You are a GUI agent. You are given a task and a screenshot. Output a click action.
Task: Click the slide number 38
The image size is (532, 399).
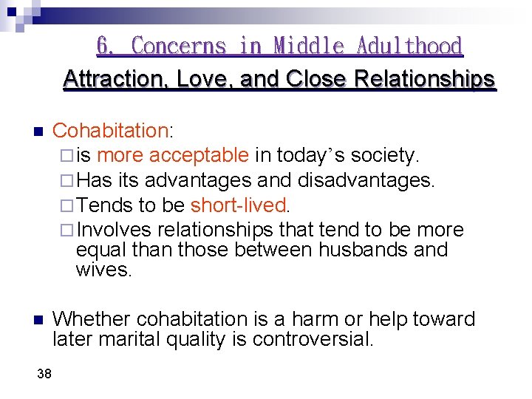point(44,375)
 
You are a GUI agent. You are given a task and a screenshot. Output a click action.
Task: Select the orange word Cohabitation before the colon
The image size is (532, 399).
point(111,131)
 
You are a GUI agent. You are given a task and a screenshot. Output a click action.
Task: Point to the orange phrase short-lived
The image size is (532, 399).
point(237,205)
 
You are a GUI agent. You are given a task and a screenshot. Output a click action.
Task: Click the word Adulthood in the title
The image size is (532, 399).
point(409,46)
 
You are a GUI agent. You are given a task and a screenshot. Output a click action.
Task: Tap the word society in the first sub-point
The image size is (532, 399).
point(383,155)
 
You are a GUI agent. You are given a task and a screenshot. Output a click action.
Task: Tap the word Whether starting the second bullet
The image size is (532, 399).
point(92,319)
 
